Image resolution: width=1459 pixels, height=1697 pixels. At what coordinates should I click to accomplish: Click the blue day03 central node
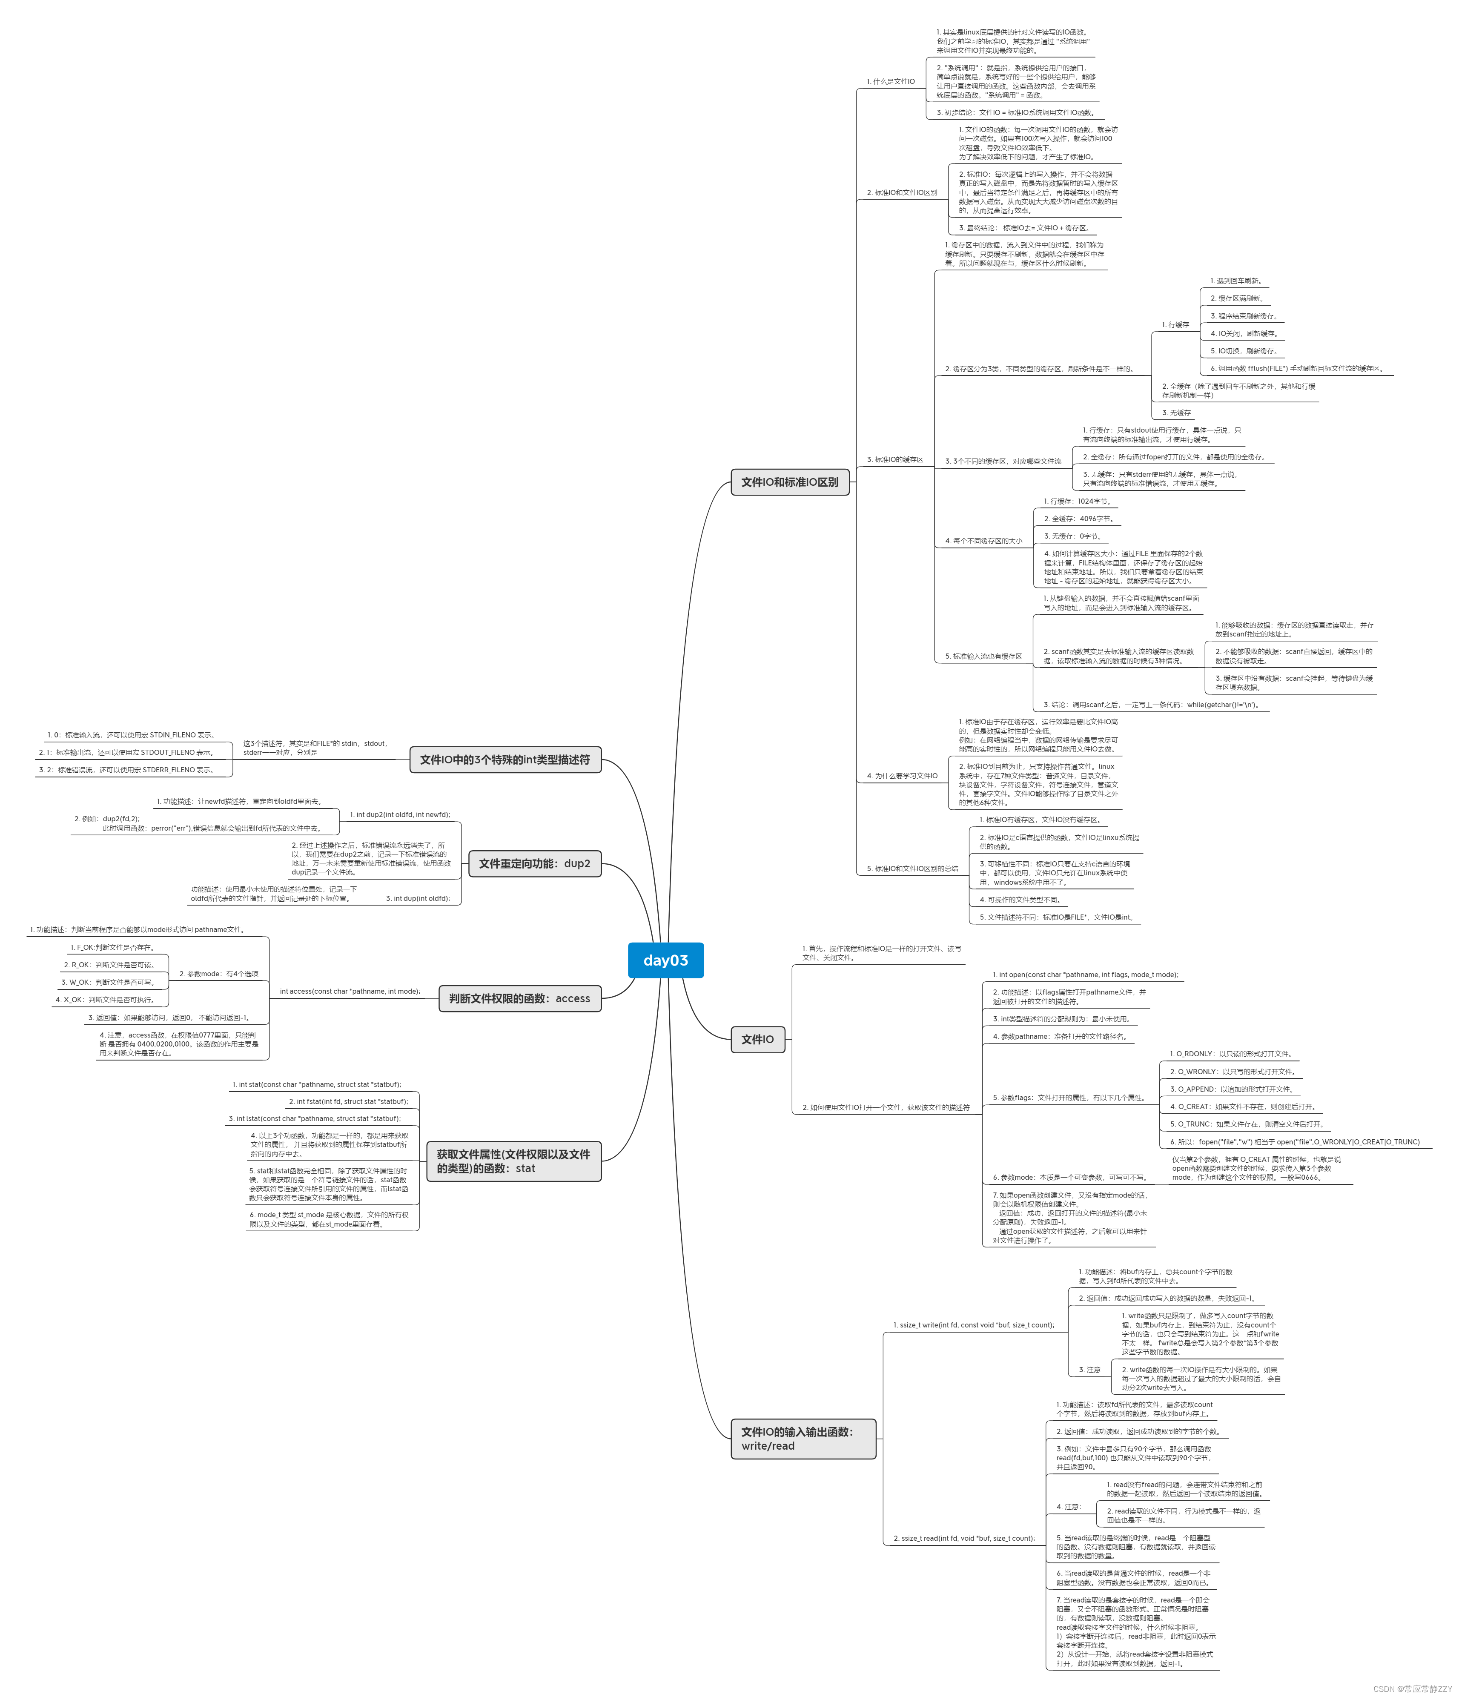[x=665, y=960]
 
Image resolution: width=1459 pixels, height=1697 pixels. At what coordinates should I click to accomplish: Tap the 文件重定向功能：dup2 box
[x=534, y=863]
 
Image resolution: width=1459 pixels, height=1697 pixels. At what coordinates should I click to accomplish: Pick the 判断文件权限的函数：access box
[x=519, y=998]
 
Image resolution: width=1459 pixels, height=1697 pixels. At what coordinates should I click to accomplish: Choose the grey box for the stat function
[x=513, y=1161]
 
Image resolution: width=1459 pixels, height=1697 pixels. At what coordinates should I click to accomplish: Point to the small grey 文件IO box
[x=757, y=1039]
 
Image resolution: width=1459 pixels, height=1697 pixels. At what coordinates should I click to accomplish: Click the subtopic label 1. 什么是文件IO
[x=891, y=82]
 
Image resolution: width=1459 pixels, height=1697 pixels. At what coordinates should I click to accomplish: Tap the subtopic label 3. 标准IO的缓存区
[x=894, y=459]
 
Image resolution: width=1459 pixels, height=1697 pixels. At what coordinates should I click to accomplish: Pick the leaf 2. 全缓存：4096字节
[x=1079, y=519]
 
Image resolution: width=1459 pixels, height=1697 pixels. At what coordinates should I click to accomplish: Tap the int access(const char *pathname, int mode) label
[x=350, y=991]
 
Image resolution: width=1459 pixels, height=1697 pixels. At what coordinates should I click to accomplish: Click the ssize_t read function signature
[x=963, y=1538]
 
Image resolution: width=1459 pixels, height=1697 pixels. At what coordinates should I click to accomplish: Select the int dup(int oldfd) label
[x=418, y=898]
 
